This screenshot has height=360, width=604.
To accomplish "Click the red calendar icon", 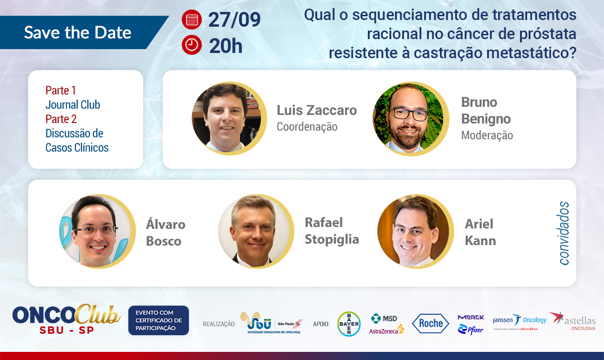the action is click(x=192, y=20).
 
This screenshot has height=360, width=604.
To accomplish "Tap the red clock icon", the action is click(x=192, y=45).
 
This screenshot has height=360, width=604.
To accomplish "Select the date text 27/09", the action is click(x=234, y=20).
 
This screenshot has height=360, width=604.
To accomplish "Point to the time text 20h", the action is click(x=226, y=46).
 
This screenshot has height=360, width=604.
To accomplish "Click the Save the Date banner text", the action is click(x=78, y=32).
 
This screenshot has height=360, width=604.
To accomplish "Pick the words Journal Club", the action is click(x=73, y=104).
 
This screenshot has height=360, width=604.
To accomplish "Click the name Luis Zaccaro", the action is click(x=317, y=110).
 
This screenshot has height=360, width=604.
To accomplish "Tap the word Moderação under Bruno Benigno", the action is click(x=487, y=135).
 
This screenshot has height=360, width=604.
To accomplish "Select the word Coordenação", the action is click(x=307, y=127).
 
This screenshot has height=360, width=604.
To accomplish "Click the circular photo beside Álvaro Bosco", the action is click(x=97, y=231).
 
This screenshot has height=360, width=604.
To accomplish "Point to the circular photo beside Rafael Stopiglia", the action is click(x=256, y=231).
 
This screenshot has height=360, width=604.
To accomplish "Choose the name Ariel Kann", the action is click(x=480, y=232).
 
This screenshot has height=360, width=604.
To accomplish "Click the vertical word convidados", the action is click(x=564, y=233).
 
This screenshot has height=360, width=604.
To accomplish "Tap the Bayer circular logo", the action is click(x=349, y=324).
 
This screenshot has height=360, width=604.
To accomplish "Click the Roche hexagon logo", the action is click(x=431, y=323).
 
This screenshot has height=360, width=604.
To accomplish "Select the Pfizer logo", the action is click(x=470, y=329).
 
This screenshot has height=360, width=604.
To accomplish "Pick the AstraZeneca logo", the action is click(x=386, y=330).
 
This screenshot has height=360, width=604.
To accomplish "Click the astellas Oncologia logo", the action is click(x=573, y=321).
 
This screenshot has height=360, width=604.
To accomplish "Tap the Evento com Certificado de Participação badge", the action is click(x=158, y=320).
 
